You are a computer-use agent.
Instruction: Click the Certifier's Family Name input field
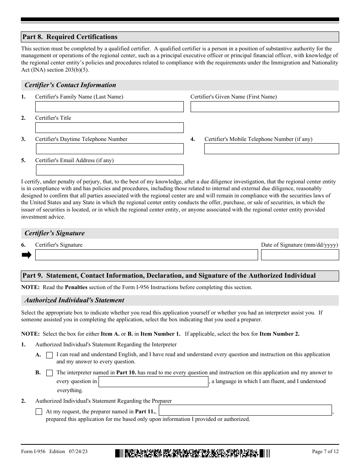[x=109, y=107]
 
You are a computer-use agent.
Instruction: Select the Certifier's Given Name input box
[x=265, y=107]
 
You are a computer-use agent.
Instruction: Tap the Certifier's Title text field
[x=109, y=128]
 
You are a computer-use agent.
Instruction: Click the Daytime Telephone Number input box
[x=109, y=149]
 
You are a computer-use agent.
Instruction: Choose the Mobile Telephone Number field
[x=271, y=149]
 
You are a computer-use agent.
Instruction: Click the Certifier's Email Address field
[x=109, y=170]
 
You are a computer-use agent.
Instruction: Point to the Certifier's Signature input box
[x=146, y=255]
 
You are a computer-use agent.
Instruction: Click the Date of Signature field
[x=300, y=255]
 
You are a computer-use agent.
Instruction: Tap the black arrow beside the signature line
[x=27, y=255]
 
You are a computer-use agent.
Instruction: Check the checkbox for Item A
[x=49, y=355]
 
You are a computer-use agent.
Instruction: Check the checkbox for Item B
[x=49, y=373]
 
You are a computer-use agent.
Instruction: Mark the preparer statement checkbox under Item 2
[x=39, y=411]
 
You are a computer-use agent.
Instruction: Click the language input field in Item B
[x=153, y=382]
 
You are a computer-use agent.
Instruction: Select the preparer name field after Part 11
[x=245, y=410]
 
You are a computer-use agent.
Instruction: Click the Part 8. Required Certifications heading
[x=70, y=37]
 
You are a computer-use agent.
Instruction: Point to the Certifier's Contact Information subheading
[x=70, y=85]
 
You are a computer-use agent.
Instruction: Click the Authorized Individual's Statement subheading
[x=75, y=300]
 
